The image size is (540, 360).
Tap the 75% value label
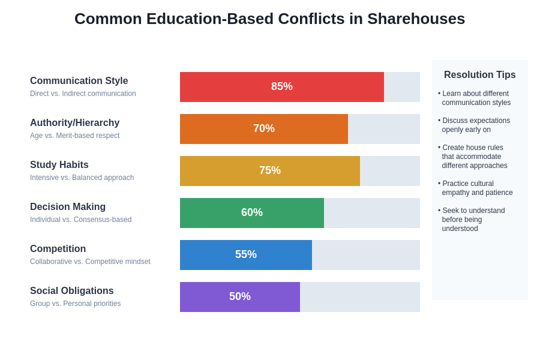pyautogui.click(x=270, y=170)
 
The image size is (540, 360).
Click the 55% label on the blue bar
pyautogui.click(x=246, y=254)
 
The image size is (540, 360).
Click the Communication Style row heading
pyautogui.click(x=79, y=80)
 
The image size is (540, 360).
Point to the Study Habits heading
pyautogui.click(x=59, y=164)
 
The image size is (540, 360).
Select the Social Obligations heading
pyautogui.click(x=71, y=290)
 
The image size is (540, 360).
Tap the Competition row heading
pyautogui.click(x=58, y=248)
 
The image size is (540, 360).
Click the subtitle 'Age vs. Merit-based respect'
pyautogui.click(x=74, y=136)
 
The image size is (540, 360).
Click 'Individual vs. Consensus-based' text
pyautogui.click(x=80, y=220)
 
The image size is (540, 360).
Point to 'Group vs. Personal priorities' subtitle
pyautogui.click(x=75, y=304)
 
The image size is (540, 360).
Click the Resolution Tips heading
pyautogui.click(x=479, y=75)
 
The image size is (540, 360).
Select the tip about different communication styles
pyautogui.click(x=476, y=98)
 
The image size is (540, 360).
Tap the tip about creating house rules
pyautogui.click(x=474, y=157)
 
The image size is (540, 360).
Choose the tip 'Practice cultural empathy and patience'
pyautogui.click(x=476, y=188)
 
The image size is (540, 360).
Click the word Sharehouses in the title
pyautogui.click(x=416, y=19)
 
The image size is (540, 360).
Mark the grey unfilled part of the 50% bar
pyautogui.click(x=360, y=297)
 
